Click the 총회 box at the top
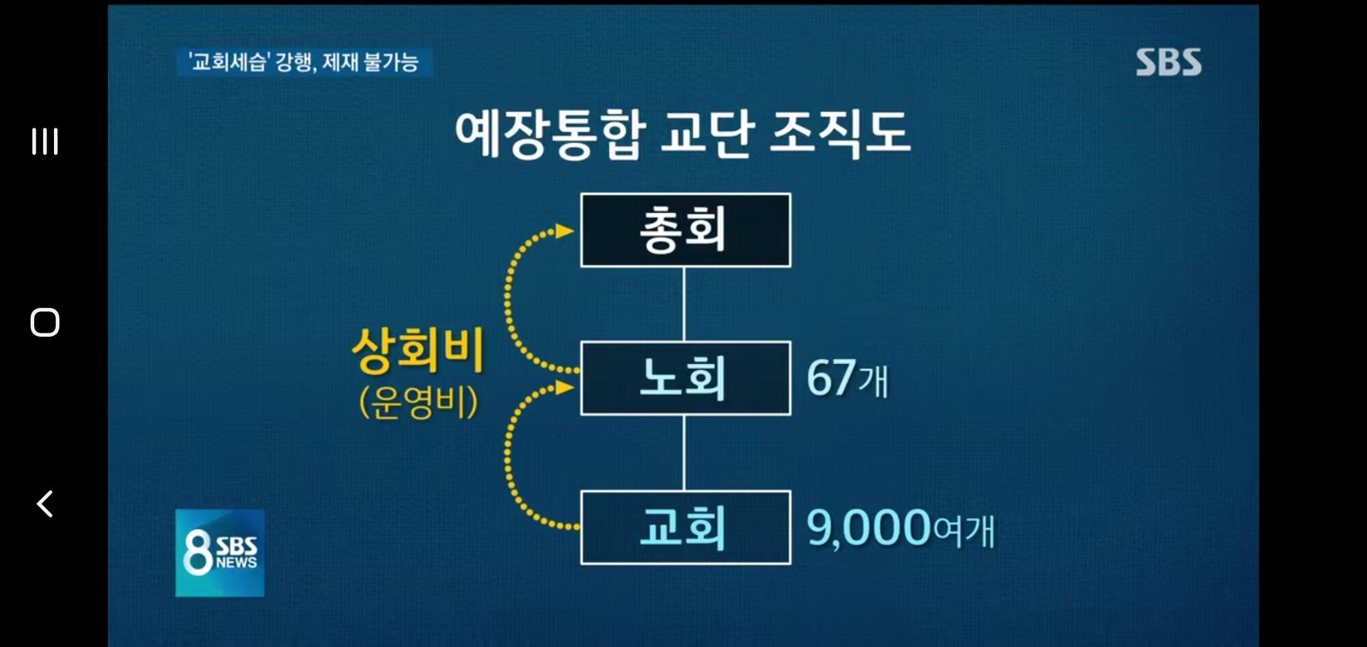(686, 230)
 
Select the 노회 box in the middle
(686, 378)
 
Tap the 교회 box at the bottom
(686, 527)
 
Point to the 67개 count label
(848, 378)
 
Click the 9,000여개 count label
(901, 527)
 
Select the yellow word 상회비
(418, 350)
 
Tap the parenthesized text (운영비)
(418, 402)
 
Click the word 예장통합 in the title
(550, 133)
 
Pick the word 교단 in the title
(707, 133)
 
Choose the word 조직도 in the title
(840, 133)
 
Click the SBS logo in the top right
(1169, 62)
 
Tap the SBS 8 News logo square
(220, 553)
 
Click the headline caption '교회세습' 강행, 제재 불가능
(304, 62)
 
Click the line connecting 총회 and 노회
(684, 304)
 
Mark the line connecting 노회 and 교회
(684, 453)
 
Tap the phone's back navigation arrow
(44, 504)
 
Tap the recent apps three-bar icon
(44, 141)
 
